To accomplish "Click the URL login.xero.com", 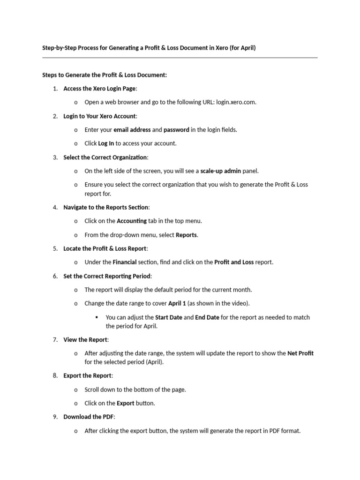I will click(236, 102).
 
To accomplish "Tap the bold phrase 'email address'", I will click(132, 130).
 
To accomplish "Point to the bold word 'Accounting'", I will click(131, 221).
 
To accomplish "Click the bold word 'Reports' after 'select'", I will click(186, 235).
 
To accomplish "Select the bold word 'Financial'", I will click(127, 262).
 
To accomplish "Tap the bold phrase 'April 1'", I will click(178, 303).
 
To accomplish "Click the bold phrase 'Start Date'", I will click(169, 317).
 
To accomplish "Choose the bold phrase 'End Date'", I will click(207, 317).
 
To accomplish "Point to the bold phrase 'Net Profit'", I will click(300, 353).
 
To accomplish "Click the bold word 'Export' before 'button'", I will click(125, 403).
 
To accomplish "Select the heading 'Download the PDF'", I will click(89, 417).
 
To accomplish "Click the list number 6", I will click(55, 276).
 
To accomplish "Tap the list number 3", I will click(55, 157).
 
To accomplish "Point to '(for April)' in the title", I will click(242, 48).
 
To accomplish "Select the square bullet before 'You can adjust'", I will click(96, 317).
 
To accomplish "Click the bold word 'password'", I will click(176, 130).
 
